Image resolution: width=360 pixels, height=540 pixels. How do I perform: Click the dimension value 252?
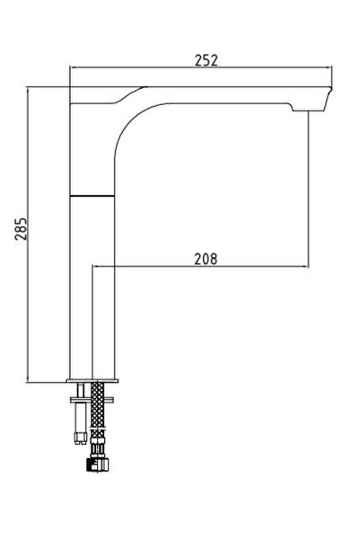pos(206,60)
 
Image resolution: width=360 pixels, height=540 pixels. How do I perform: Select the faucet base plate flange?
pos(92,378)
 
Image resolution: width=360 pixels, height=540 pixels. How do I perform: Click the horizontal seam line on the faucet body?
pos(92,193)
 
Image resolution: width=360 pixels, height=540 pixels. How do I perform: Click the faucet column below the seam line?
pos(92,288)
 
